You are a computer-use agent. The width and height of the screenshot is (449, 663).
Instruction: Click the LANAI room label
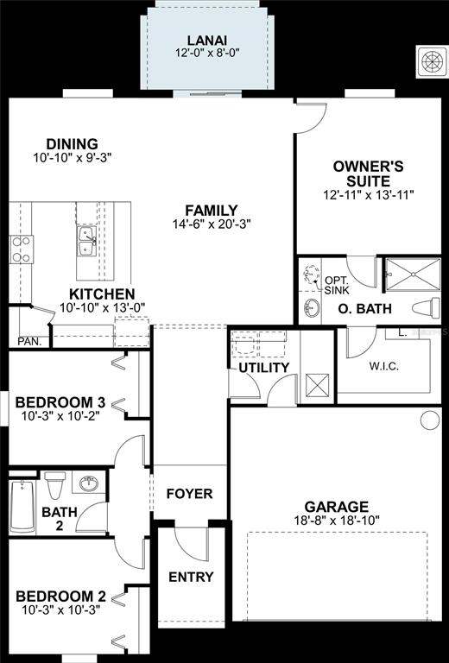tap(207, 41)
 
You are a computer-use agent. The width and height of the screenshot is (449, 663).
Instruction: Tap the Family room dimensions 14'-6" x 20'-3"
tap(212, 224)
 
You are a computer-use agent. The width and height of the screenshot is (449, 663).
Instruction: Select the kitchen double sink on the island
tap(86, 241)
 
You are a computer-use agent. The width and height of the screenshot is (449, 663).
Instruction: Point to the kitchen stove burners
tap(22, 249)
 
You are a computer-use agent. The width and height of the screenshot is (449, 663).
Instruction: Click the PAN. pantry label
tap(29, 341)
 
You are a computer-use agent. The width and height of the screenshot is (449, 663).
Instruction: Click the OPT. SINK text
tap(337, 286)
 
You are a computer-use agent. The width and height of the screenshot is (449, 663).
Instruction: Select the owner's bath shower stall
tap(413, 275)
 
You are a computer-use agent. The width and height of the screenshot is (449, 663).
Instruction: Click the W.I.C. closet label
tap(384, 366)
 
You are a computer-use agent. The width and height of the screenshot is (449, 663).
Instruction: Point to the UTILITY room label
tap(264, 368)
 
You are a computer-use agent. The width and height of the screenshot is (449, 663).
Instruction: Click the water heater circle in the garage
tap(430, 420)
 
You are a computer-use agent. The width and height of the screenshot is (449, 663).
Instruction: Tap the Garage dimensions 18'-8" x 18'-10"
tap(337, 520)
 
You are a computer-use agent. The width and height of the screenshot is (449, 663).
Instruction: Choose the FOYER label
tap(189, 494)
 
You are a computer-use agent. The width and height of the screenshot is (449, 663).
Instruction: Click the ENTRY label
tap(191, 578)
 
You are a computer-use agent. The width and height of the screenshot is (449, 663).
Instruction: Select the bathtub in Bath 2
tap(22, 506)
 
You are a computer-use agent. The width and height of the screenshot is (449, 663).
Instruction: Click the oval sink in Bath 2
tap(89, 483)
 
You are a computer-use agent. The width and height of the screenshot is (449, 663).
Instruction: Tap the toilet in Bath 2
tap(55, 485)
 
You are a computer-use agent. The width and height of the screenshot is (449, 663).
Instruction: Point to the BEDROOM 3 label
tap(60, 402)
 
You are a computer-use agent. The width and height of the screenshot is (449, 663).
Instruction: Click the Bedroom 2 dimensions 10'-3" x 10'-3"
tap(60, 610)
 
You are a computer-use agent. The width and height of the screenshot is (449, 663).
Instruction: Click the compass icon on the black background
tap(432, 62)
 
